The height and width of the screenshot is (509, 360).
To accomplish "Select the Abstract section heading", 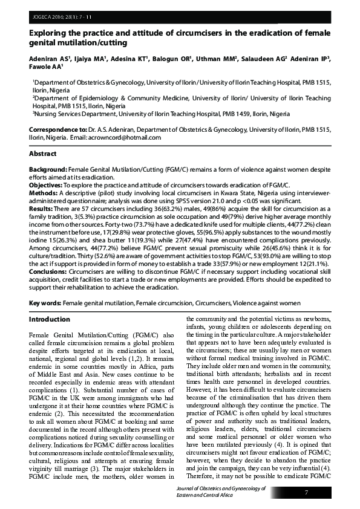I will click(44, 154).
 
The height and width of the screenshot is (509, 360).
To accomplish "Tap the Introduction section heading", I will click(50, 319).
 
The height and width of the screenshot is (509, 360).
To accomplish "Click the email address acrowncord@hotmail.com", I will click(131, 137).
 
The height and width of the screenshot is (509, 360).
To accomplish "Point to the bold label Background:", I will click(48, 171).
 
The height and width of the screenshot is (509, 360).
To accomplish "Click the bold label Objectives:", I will click(47, 184).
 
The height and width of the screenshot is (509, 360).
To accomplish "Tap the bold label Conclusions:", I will click(50, 272).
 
